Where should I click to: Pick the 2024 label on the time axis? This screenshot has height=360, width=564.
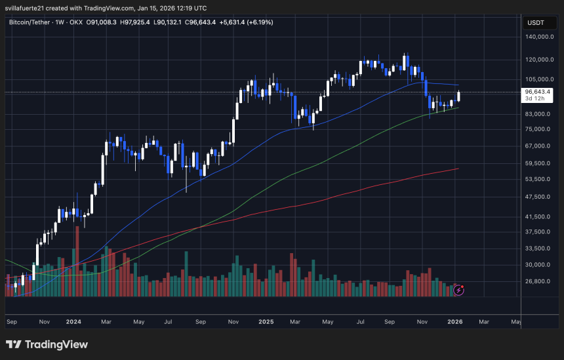pyautogui.click(x=73, y=322)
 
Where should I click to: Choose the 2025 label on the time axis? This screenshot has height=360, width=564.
pyautogui.click(x=266, y=322)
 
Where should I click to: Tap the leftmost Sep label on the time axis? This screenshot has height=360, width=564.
pyautogui.click(x=11, y=322)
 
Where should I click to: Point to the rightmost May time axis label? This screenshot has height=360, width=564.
pyautogui.click(x=516, y=322)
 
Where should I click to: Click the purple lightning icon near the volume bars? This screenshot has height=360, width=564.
pyautogui.click(x=459, y=289)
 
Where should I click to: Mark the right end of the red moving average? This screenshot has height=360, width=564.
pyautogui.click(x=458, y=169)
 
